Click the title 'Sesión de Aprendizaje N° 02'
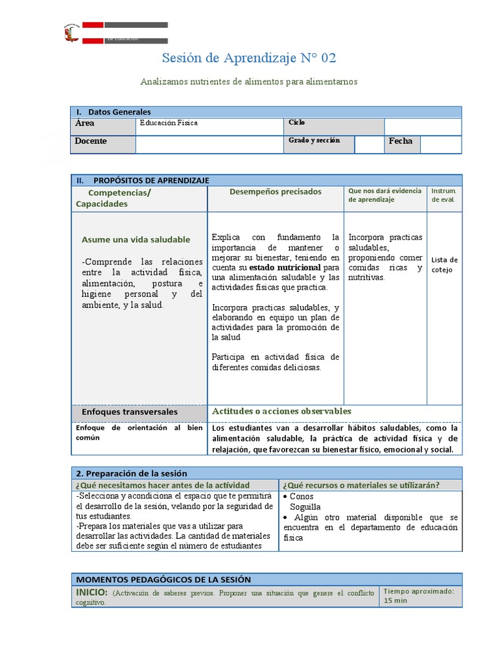click(x=249, y=58)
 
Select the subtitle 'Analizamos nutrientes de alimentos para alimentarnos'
click(x=249, y=82)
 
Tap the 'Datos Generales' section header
click(x=119, y=112)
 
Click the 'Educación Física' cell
click(x=169, y=123)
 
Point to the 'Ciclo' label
click(x=297, y=123)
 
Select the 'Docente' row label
click(x=91, y=141)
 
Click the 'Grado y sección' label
click(x=314, y=141)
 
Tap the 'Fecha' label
click(x=400, y=141)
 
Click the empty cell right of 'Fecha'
click(x=441, y=144)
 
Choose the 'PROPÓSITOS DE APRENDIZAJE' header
click(x=151, y=180)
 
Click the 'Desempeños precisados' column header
click(x=275, y=192)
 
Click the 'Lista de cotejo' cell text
click(x=444, y=265)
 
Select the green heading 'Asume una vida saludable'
click(x=136, y=239)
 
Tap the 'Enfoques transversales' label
click(x=129, y=412)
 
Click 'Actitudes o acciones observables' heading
click(x=281, y=411)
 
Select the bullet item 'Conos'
click(x=302, y=496)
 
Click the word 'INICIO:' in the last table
click(x=91, y=592)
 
